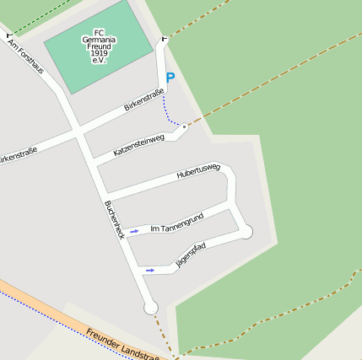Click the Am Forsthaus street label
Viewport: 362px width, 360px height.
[25, 56]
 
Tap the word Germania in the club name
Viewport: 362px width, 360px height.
[100, 40]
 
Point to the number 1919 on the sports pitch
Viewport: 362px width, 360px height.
[100, 53]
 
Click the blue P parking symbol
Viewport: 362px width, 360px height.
[170, 78]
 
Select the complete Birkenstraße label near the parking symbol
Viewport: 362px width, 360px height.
[143, 103]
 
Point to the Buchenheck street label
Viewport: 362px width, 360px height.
[115, 219]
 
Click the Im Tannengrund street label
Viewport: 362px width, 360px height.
[176, 223]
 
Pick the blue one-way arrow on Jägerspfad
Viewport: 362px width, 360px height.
[150, 271]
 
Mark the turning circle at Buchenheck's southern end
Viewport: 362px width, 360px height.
[151, 308]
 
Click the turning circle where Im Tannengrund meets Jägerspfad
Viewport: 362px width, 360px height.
[246, 231]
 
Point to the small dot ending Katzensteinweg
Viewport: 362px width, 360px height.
[184, 126]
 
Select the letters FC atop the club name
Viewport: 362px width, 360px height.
[99, 33]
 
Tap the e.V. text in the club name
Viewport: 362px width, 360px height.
[99, 61]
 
